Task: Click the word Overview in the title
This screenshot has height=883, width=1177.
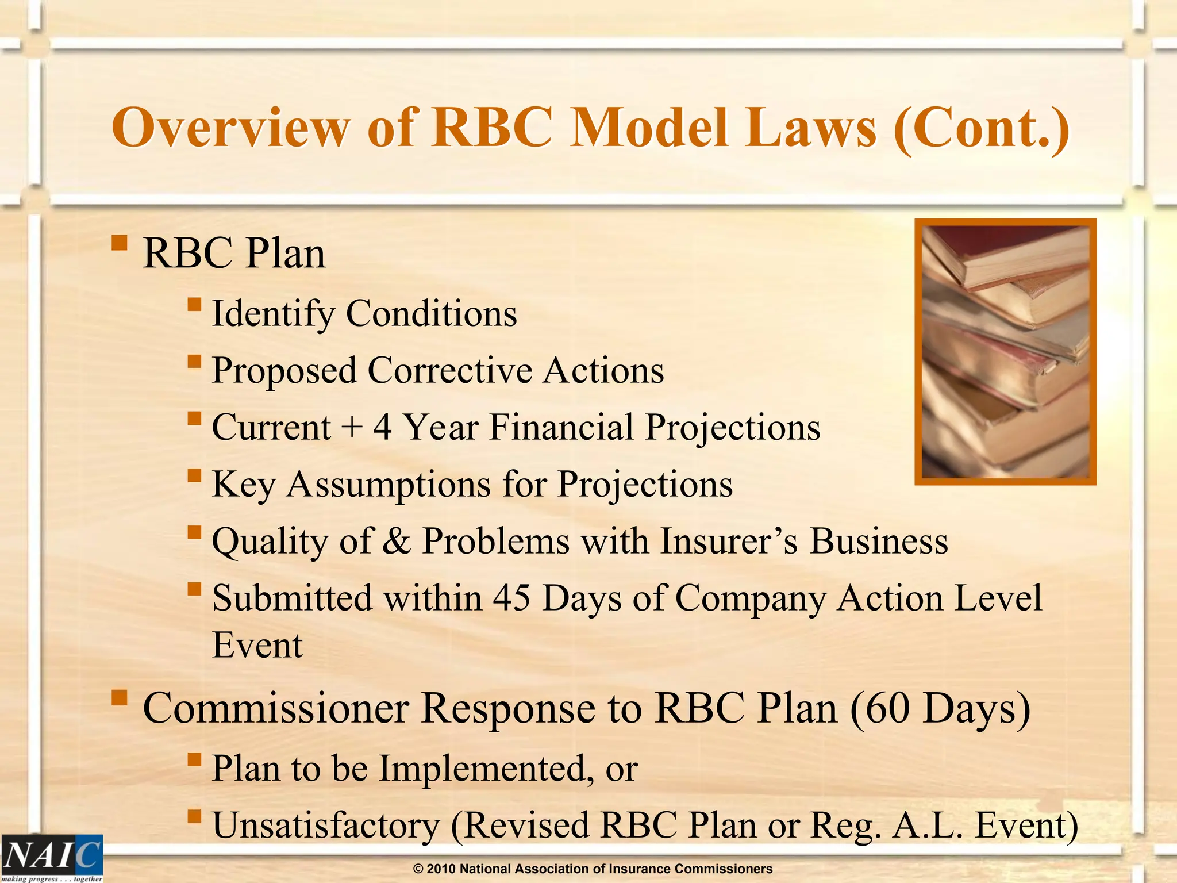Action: [x=230, y=128]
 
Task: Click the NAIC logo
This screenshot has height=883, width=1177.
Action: [x=52, y=857]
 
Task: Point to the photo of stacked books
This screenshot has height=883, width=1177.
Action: [x=1005, y=352]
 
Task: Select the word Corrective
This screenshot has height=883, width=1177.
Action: [x=450, y=371]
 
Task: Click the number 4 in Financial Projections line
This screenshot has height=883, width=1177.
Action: [x=383, y=428]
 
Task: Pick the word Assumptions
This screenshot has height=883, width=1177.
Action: [x=389, y=485]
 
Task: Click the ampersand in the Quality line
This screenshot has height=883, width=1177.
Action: [x=397, y=542]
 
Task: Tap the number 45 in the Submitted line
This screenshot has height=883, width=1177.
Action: [x=511, y=598]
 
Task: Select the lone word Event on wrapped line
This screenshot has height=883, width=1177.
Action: [x=257, y=646]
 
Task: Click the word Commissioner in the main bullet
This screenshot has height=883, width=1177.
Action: [x=275, y=708]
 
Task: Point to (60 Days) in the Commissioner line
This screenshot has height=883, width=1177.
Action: [x=940, y=708]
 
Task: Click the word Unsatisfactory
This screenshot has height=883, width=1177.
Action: [x=326, y=826]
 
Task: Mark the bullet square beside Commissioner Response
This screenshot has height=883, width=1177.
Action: [x=120, y=698]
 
